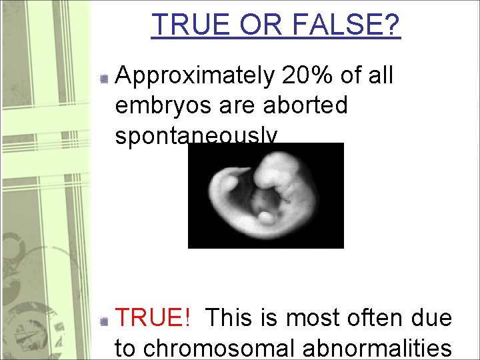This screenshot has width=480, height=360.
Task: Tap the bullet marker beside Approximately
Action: click(103, 79)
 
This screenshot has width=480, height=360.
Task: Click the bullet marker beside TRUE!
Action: click(103, 321)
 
